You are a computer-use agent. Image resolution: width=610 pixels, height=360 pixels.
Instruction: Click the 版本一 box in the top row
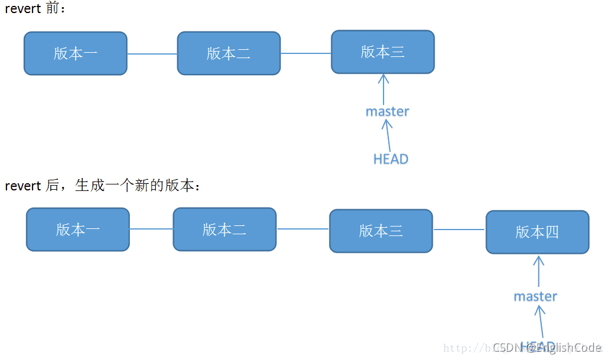tap(75, 53)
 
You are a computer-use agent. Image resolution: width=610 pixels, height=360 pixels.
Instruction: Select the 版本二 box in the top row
tap(229, 53)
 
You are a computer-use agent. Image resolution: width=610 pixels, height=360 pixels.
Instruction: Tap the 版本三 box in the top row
tap(383, 52)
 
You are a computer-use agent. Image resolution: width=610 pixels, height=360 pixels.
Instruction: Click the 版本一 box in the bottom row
tap(78, 230)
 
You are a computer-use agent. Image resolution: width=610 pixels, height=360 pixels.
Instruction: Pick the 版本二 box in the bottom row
tap(225, 230)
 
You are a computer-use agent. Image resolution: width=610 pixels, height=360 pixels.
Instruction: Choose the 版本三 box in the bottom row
tap(381, 231)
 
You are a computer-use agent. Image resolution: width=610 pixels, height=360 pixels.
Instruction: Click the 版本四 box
tap(538, 232)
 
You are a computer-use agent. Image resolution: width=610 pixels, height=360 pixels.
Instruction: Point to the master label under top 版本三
tap(387, 111)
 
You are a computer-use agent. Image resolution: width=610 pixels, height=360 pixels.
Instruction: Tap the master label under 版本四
tap(535, 296)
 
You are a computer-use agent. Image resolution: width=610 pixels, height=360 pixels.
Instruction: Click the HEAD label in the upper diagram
tap(391, 159)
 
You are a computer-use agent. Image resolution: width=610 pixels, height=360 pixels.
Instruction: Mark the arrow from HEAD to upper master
tap(388, 135)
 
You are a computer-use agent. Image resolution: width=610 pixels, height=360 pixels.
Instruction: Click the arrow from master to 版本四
tap(538, 271)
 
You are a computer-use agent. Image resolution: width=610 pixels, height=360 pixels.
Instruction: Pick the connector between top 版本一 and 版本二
tap(152, 54)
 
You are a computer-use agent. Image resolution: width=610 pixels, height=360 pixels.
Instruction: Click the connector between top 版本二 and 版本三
tap(306, 53)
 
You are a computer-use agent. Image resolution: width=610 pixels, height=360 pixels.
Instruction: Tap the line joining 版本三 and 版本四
tap(459, 230)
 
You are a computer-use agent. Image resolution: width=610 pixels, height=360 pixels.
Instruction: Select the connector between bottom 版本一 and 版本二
tap(151, 229)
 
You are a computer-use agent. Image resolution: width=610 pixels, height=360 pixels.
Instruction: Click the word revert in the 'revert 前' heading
tap(23, 9)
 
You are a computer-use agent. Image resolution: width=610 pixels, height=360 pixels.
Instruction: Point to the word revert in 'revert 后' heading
tap(23, 186)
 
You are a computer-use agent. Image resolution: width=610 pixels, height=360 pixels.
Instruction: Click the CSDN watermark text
tap(547, 348)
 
